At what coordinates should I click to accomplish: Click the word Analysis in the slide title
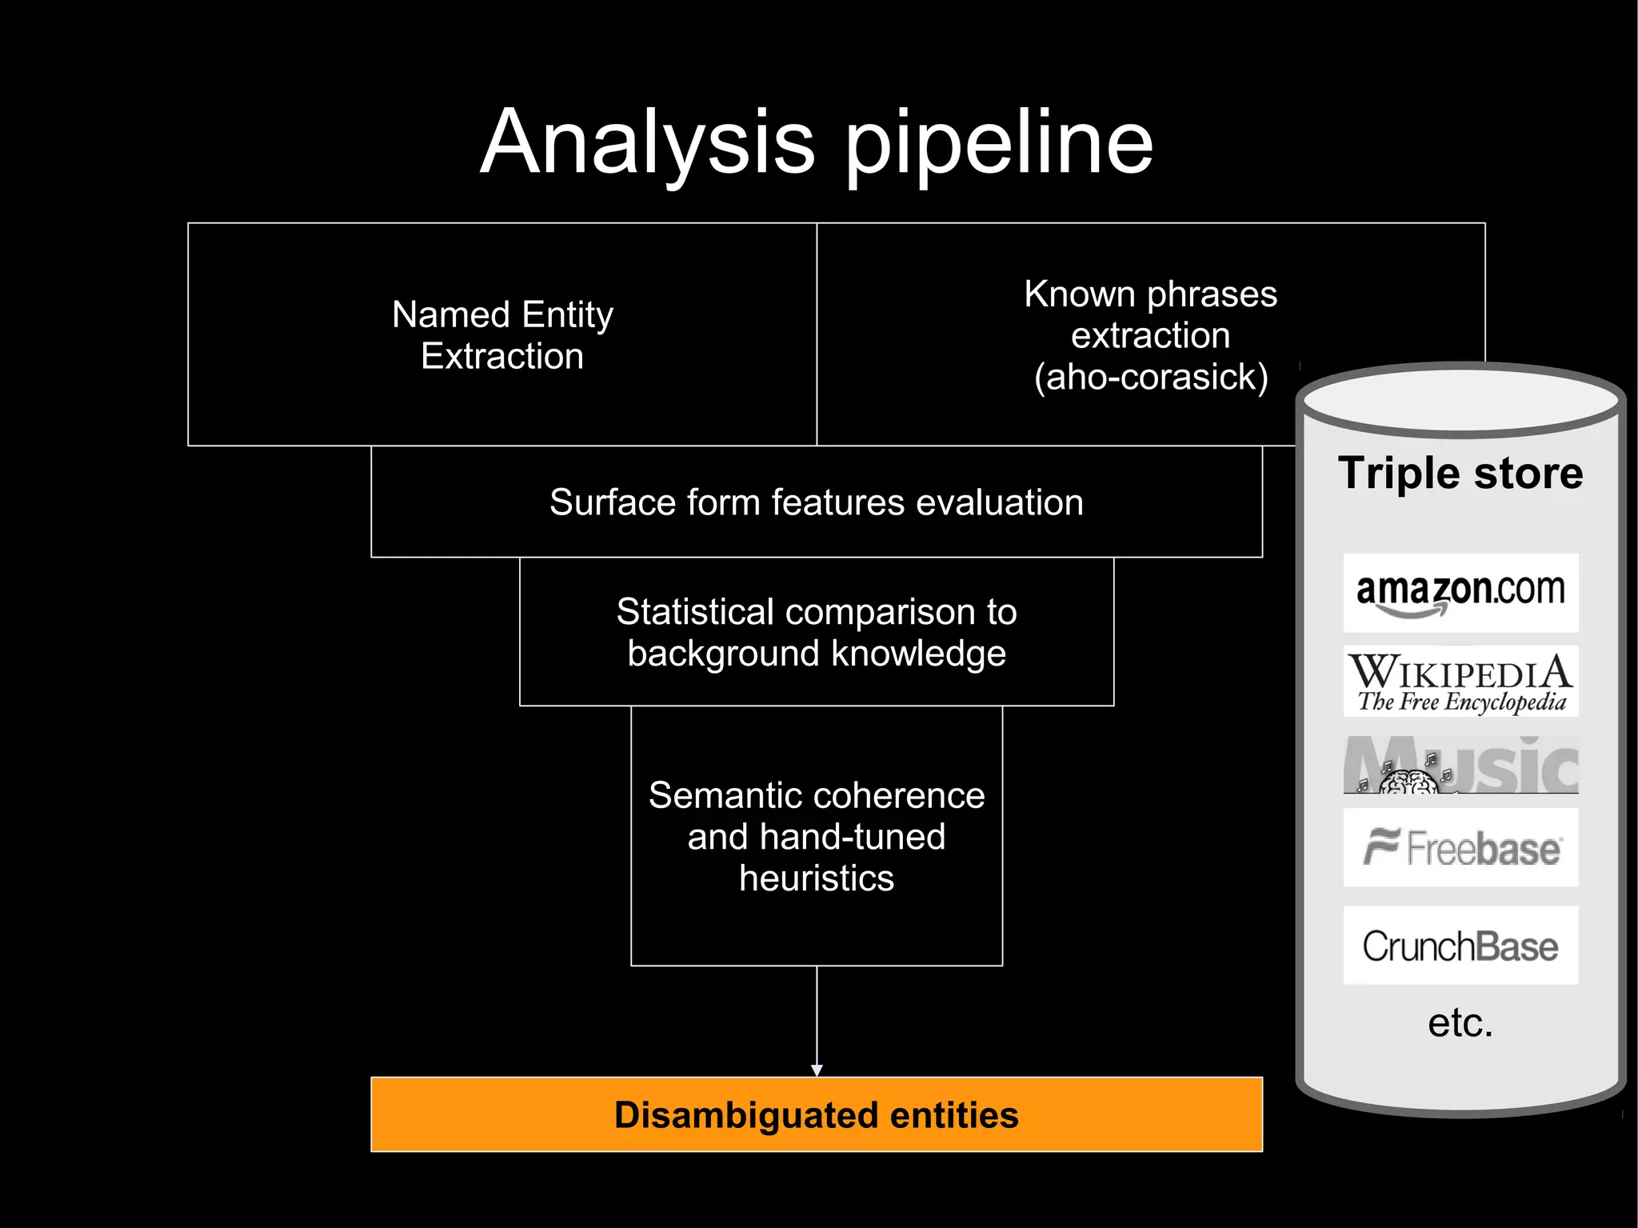648,144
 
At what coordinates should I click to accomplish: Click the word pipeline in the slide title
1000,148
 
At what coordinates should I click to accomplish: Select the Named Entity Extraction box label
502,335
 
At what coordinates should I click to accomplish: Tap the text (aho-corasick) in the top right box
1151,377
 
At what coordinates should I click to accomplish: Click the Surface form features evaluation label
816,502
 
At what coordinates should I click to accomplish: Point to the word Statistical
695,612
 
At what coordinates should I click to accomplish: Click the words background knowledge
816,654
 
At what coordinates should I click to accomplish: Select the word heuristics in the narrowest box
816,878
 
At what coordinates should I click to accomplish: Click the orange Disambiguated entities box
816,1114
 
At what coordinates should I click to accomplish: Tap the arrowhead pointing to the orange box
817,1070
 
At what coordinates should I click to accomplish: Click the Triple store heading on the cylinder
1460,473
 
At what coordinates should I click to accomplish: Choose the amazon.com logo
1460,593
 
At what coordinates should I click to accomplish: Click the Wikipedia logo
1460,682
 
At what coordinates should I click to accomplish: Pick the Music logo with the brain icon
1460,766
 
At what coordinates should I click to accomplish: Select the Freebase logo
1460,848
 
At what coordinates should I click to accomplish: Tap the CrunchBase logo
1460,946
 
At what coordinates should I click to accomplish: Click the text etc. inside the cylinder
1460,1022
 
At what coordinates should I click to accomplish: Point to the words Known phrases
1150,294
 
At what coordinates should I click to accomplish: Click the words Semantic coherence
816,795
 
